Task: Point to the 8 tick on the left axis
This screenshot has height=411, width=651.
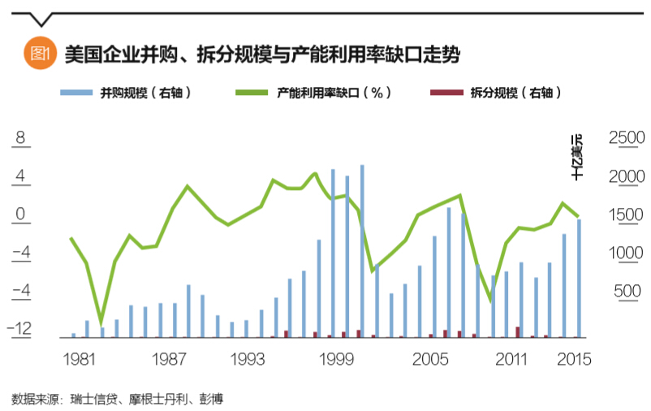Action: (22, 137)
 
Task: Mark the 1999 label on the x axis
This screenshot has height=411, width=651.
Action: (334, 358)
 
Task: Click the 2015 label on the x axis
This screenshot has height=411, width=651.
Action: (573, 358)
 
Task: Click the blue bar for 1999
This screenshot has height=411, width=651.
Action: (333, 252)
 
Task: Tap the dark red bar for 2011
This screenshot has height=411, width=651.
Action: (518, 331)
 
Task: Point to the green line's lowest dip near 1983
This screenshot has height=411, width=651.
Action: (101, 322)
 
